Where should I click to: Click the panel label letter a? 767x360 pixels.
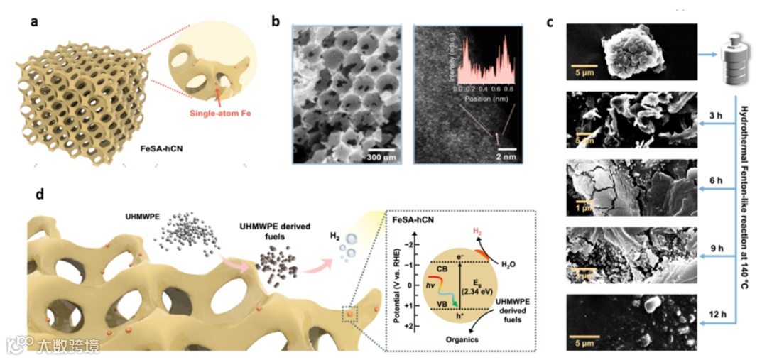click(x=33, y=21)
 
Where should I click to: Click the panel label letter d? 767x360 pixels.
click(x=33, y=194)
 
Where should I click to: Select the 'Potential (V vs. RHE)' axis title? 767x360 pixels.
click(x=393, y=284)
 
